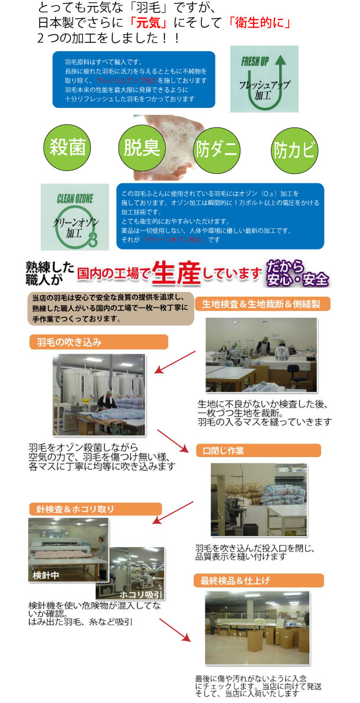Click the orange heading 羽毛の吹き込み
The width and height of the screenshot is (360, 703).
[x=90, y=342]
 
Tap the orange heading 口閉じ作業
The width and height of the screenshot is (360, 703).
[x=258, y=451]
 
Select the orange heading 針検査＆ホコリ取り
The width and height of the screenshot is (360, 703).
[x=95, y=509]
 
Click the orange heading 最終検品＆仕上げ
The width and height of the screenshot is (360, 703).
[x=258, y=580]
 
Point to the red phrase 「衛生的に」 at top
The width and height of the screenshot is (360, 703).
[x=258, y=24]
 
